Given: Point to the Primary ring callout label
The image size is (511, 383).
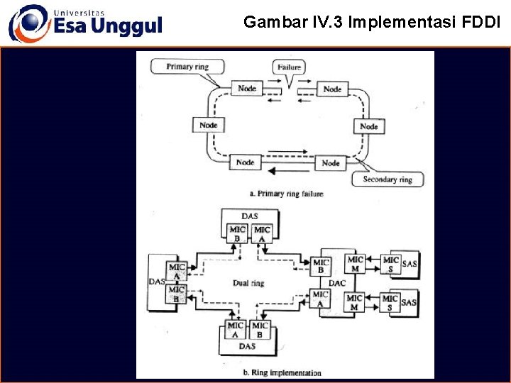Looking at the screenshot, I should (x=188, y=67).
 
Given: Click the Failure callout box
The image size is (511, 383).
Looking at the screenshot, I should (x=289, y=67).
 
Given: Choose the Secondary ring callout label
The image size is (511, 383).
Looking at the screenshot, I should (x=388, y=179).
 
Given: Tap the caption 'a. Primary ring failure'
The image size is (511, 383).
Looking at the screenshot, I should (x=287, y=194).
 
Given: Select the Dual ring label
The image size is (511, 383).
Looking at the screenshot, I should (x=248, y=283).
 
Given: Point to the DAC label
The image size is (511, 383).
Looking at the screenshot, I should (x=338, y=283).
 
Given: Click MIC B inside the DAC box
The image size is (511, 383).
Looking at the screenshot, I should (x=322, y=265).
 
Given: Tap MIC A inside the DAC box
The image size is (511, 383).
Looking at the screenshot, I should (x=321, y=299).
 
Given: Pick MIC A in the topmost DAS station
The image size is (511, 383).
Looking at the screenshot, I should (x=262, y=234).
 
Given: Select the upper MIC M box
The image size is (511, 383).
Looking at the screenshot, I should (x=355, y=264).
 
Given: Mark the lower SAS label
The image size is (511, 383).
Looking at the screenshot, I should (x=410, y=303).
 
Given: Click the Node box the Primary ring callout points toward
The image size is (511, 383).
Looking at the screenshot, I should (x=246, y=88).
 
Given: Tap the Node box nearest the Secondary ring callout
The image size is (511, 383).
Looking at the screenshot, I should (x=331, y=162).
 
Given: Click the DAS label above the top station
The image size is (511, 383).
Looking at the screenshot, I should (x=249, y=215).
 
